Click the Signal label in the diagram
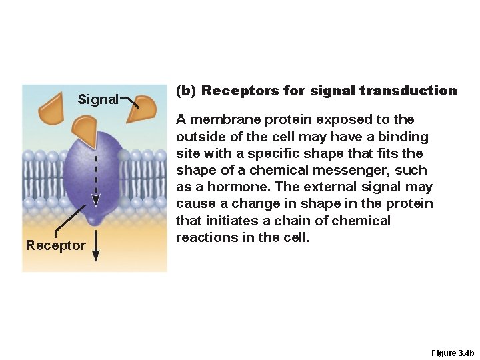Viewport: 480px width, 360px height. (98, 100)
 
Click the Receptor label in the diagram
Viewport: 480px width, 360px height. (56, 245)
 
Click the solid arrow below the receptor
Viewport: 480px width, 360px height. (96, 247)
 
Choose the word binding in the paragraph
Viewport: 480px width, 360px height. (404, 137)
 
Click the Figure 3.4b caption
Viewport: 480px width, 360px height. (452, 353)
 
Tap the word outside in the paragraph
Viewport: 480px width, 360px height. (199, 137)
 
